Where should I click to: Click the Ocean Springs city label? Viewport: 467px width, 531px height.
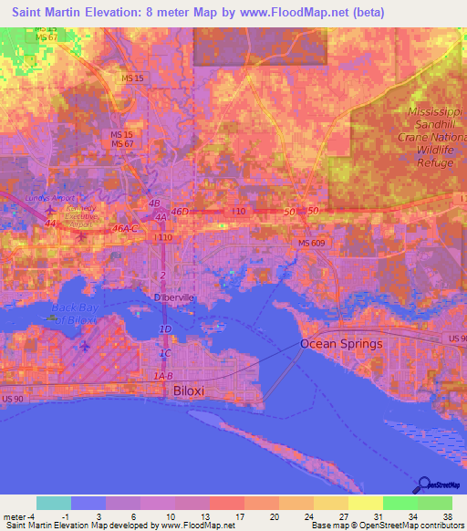[342, 344]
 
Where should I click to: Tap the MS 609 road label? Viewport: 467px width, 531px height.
[311, 242]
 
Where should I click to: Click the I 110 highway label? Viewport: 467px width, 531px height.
[164, 237]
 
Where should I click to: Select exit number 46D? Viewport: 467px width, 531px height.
[180, 212]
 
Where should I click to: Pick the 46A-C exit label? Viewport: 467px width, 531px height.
[126, 228]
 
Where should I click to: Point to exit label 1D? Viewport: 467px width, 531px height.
[166, 328]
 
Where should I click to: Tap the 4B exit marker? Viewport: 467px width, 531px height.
[154, 203]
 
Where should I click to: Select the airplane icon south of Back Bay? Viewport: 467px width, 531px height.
[85, 347]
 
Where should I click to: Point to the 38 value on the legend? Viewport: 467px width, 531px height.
[448, 516]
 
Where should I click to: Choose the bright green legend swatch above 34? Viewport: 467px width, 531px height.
[400, 503]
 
